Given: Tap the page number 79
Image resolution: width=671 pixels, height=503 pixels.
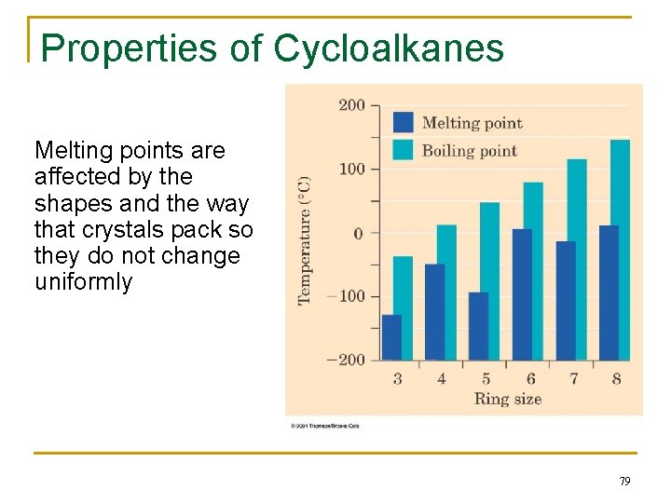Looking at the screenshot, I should (623, 482).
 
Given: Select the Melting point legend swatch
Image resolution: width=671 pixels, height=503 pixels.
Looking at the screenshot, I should (404, 122).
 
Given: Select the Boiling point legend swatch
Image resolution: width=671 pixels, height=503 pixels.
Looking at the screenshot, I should (404, 150).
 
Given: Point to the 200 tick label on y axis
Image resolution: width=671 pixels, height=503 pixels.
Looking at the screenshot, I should (351, 105).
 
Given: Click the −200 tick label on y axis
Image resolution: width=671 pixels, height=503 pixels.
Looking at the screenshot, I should (346, 360).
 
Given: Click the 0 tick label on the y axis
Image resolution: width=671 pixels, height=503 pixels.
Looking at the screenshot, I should (358, 233).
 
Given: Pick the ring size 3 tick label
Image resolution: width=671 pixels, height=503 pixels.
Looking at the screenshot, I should (398, 379).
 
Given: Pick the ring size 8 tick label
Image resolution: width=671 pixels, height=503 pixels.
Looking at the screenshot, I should (616, 379).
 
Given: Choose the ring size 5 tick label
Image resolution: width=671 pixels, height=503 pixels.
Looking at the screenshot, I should (486, 379).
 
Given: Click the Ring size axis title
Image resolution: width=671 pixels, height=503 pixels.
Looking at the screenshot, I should (507, 400).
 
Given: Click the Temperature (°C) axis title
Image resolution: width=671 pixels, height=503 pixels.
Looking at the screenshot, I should (305, 239).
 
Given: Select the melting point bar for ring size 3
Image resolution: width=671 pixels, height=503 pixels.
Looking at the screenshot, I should (391, 337).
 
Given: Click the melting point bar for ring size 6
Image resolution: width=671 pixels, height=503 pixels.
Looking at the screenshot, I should (522, 294).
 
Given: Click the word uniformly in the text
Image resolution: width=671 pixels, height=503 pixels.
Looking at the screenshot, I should (84, 282).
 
